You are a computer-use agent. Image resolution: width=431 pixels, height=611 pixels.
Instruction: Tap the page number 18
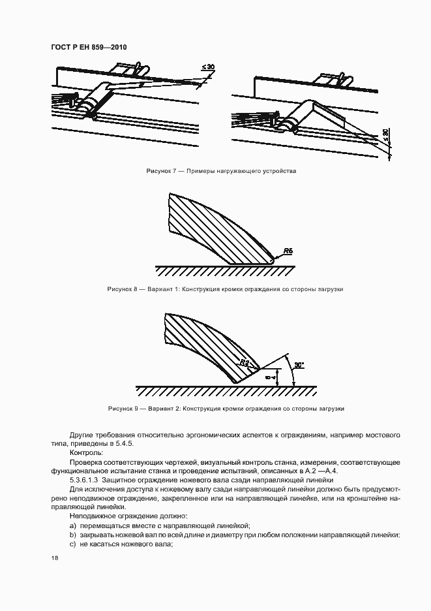(x=54, y=557)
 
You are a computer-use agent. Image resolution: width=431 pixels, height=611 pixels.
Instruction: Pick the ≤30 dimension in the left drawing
(x=208, y=67)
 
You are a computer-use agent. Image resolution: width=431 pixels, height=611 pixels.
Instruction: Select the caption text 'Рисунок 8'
(x=122, y=289)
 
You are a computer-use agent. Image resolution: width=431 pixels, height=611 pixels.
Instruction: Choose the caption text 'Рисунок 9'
(x=122, y=409)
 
